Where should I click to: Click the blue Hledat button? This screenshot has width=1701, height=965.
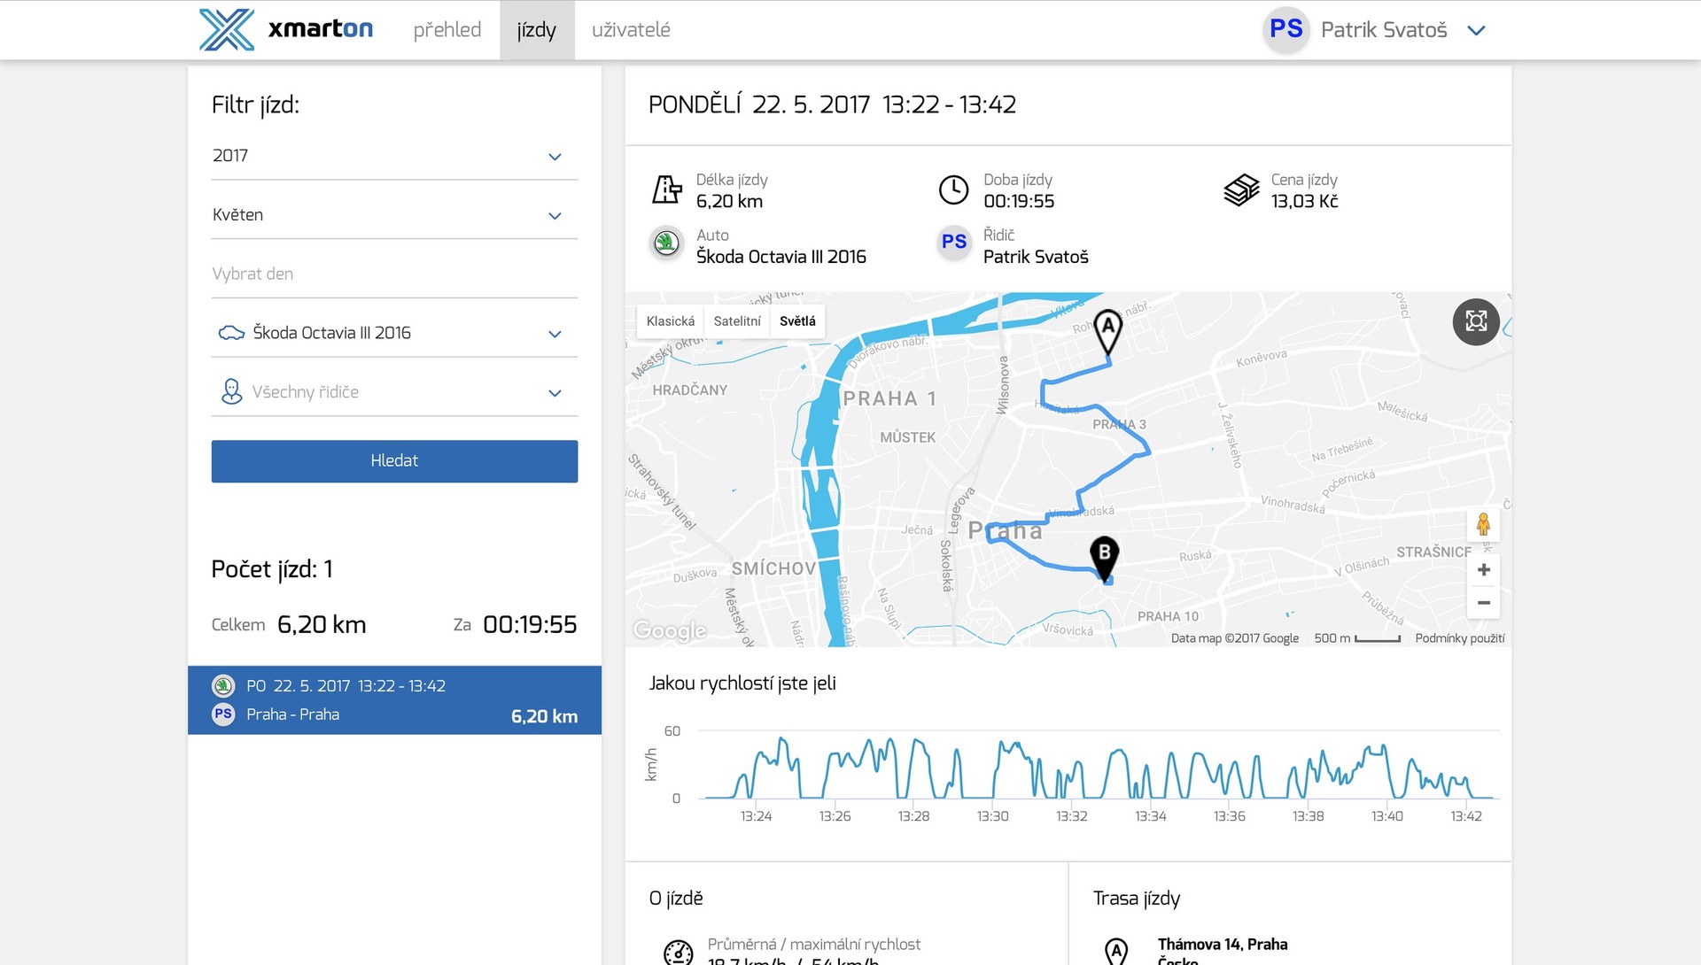click(x=394, y=461)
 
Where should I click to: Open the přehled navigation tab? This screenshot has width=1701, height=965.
click(x=447, y=30)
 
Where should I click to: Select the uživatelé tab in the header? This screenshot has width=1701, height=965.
click(x=631, y=30)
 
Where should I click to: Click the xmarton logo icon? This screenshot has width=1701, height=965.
click(x=227, y=30)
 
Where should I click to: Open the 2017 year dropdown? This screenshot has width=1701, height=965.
click(x=394, y=156)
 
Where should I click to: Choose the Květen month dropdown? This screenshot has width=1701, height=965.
click(x=394, y=215)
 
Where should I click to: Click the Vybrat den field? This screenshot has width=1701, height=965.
click(x=394, y=274)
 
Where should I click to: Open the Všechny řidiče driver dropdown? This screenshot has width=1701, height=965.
click(x=394, y=392)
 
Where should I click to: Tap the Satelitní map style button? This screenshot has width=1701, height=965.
click(x=737, y=321)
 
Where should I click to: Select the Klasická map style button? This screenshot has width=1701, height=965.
click(x=671, y=321)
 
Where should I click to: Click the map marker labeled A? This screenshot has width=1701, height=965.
click(x=1107, y=329)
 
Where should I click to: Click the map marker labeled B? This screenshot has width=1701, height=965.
click(x=1104, y=556)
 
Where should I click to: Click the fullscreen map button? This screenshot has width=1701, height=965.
click(x=1476, y=321)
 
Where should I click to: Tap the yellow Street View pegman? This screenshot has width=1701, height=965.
click(x=1483, y=525)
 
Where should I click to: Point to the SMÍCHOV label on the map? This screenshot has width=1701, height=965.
click(x=773, y=568)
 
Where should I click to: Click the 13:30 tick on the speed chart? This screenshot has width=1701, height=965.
click(x=992, y=816)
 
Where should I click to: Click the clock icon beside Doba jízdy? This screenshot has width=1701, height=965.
click(x=953, y=190)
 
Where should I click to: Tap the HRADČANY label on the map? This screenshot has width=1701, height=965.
click(x=689, y=390)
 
